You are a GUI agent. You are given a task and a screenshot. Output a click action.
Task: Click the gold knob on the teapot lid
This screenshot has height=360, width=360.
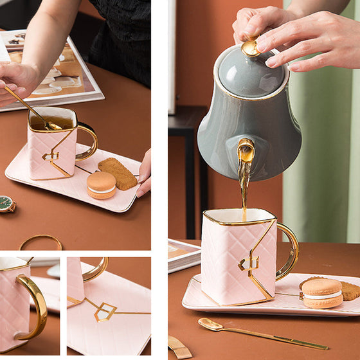(x=250, y=47)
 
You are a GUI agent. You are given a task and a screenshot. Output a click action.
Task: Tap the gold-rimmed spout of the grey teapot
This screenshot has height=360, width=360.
(x=246, y=151)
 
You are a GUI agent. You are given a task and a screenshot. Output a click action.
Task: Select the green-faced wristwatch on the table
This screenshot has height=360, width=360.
(x=6, y=204)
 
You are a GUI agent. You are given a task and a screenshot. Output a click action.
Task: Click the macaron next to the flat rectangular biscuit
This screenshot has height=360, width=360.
(x=102, y=185)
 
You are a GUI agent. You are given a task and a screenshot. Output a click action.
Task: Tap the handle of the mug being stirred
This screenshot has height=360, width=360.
(x=87, y=141)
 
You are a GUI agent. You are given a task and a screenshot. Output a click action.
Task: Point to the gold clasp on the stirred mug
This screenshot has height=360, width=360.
(x=51, y=156)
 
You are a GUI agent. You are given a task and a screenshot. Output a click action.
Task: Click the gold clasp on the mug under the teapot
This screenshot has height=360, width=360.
(x=248, y=263)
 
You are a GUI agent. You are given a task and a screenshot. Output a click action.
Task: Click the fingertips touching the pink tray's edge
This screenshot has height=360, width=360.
(x=144, y=177)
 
